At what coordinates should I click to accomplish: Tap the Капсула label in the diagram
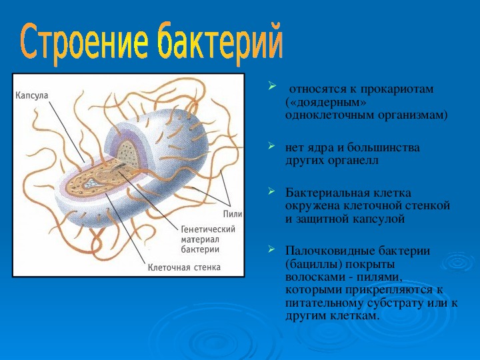[x=32, y=96]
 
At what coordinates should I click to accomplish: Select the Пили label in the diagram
[x=233, y=214]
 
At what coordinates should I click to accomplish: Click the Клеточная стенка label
[x=184, y=267]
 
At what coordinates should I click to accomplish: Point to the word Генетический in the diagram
[x=208, y=229]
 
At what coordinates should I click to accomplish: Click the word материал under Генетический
[x=200, y=239]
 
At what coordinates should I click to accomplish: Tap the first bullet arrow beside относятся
[x=271, y=86]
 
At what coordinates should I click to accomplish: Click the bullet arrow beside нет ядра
[x=271, y=145]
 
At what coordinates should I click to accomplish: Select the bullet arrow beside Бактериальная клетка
[x=271, y=191]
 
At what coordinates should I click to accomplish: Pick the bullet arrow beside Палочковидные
[x=271, y=249]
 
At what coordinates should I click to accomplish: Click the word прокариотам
[x=397, y=90]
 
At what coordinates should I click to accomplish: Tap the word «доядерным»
[x=326, y=103]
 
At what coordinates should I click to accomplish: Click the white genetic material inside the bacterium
[x=91, y=183]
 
